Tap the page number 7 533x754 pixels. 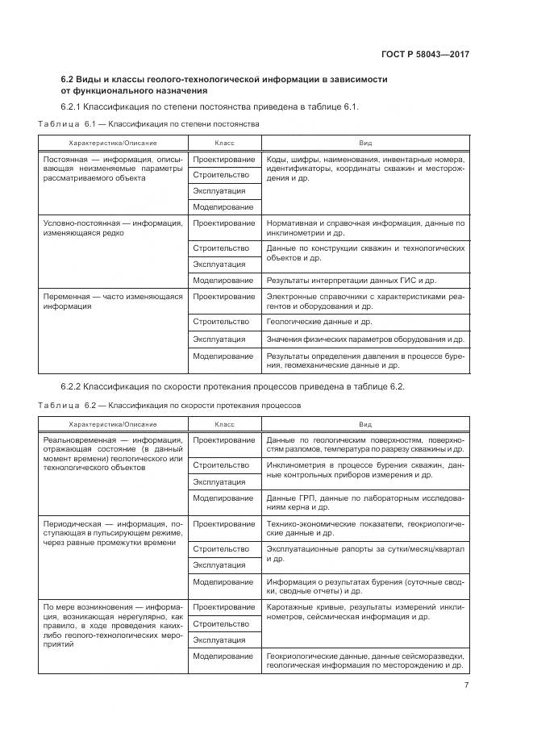coord(466,685)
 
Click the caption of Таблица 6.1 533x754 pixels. coord(148,125)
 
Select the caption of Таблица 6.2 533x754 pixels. coord(169,405)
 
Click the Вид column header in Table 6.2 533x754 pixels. coord(365,423)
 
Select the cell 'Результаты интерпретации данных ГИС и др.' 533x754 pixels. coord(351,281)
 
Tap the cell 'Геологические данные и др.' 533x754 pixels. coord(319,321)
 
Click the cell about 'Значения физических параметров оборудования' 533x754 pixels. coord(364,339)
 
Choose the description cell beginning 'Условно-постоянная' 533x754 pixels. coord(112,227)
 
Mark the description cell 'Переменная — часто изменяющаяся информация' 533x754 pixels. coord(112,302)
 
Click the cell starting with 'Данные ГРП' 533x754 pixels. coord(364,503)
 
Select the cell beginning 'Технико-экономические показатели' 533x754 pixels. coord(364,528)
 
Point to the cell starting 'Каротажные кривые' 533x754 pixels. coord(364,611)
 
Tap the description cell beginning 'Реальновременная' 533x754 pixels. coord(112,453)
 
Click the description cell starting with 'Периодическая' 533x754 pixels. coord(112,533)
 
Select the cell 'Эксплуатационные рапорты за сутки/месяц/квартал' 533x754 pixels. coord(364,553)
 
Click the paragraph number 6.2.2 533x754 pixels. coord(73,386)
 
